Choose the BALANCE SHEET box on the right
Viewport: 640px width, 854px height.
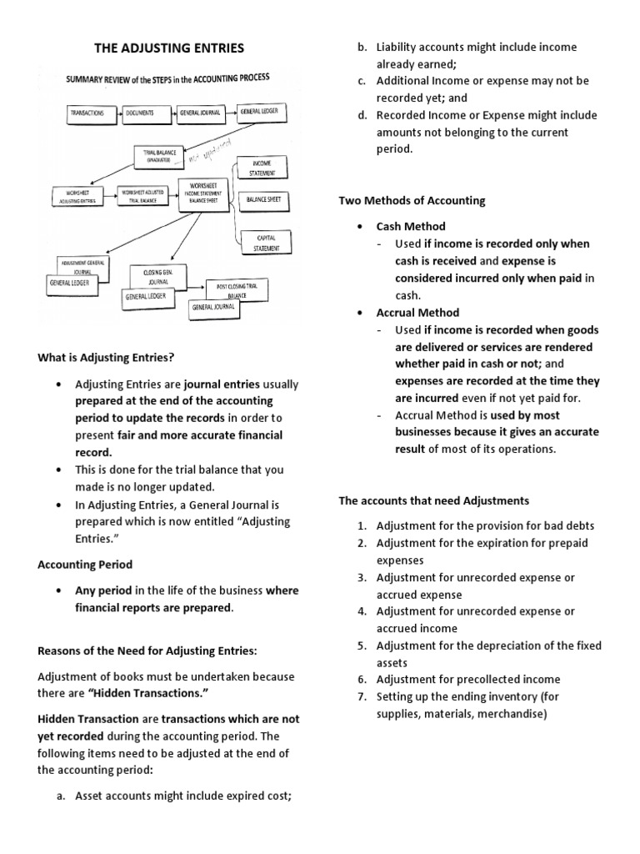(x=263, y=200)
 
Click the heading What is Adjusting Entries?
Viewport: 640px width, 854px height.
(x=106, y=358)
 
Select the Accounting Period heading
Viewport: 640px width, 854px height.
(x=85, y=565)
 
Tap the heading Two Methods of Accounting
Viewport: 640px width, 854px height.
(x=412, y=201)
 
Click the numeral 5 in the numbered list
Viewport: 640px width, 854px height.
(x=362, y=646)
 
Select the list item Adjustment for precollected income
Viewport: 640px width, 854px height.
(x=467, y=680)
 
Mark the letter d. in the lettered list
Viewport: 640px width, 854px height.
(x=362, y=115)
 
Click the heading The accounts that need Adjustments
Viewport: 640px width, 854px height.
(x=432, y=500)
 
